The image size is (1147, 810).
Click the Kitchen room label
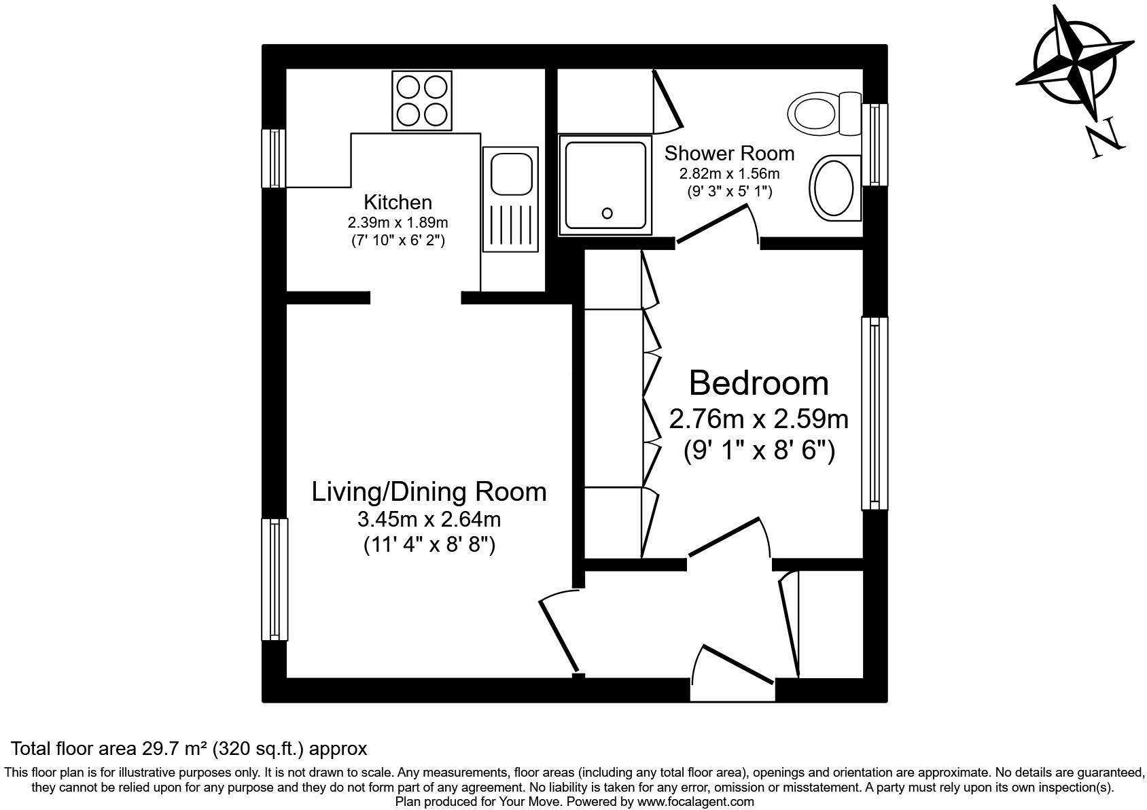tap(398, 202)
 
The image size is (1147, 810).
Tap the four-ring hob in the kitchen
tap(421, 100)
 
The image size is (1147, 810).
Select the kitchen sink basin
tap(510, 174)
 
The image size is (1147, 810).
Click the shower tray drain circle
tap(607, 213)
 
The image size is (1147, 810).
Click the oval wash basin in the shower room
tap(834, 188)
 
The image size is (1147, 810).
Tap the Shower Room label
tap(729, 153)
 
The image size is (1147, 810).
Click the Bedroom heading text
tap(758, 383)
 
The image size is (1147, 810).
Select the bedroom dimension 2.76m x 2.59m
tap(758, 419)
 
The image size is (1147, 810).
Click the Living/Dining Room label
tap(429, 491)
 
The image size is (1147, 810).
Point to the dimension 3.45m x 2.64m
tap(429, 519)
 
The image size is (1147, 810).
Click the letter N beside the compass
tap(1105, 139)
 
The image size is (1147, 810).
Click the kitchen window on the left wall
tap(275, 158)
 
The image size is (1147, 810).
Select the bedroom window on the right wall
tap(875, 413)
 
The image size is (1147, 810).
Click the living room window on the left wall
tap(275, 579)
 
